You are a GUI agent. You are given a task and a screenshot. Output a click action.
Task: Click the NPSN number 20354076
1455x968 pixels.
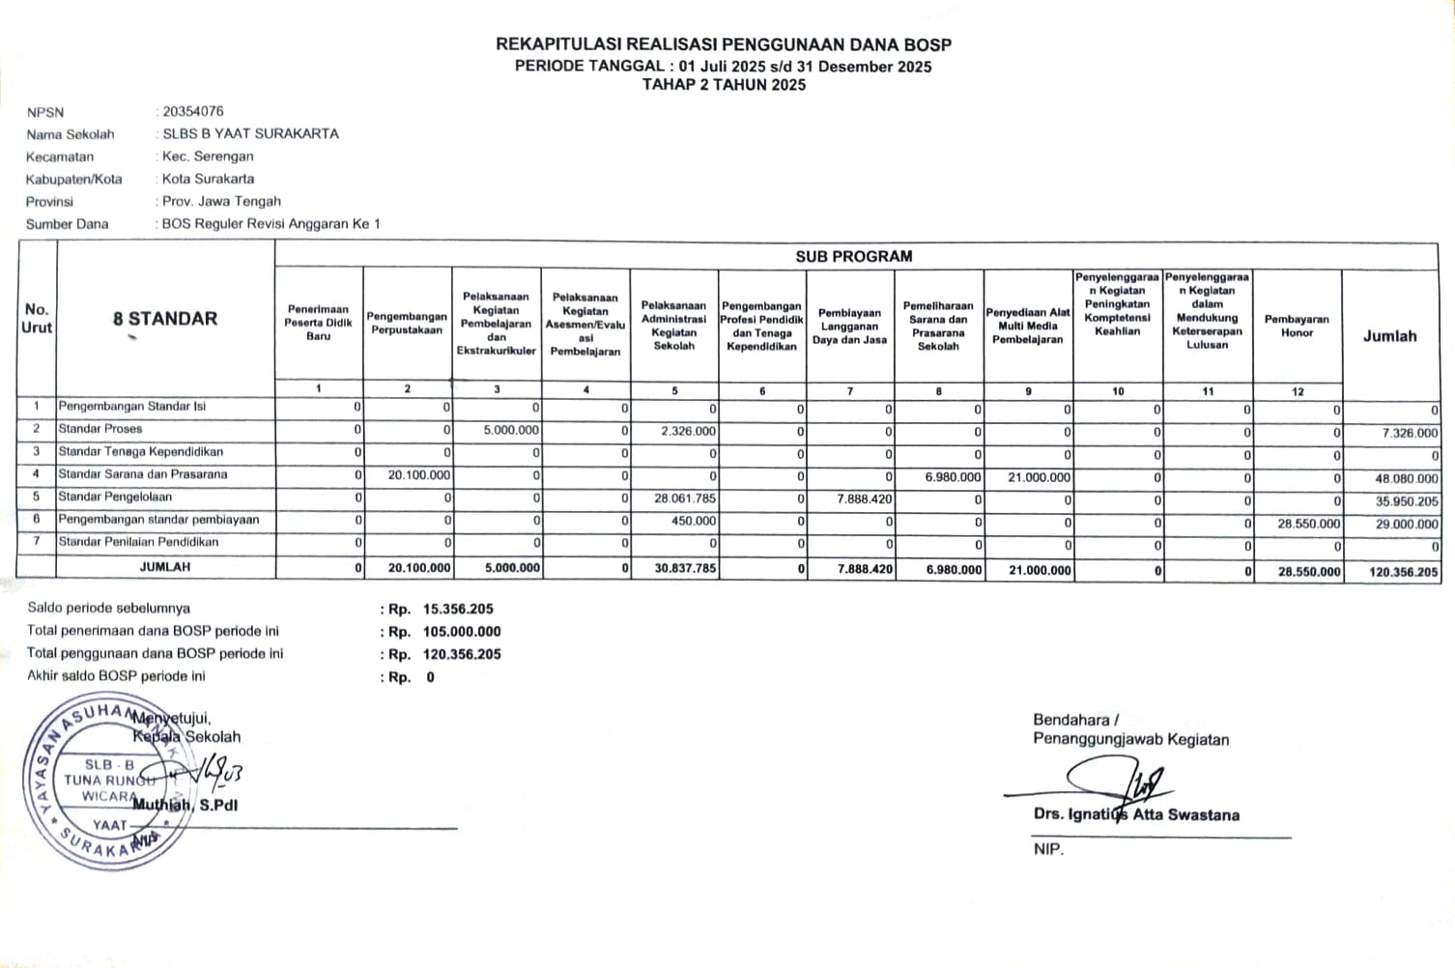[193, 111]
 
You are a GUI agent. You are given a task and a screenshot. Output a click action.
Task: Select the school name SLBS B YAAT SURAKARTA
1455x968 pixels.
[250, 133]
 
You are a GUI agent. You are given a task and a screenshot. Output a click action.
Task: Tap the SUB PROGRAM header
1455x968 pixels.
[853, 256]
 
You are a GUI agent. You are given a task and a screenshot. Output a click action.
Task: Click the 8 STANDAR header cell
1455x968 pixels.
[165, 319]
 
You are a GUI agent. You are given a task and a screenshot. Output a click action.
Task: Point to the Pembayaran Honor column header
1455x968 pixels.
[1297, 326]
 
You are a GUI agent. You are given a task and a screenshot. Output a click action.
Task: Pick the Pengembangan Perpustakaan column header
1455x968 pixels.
[407, 323]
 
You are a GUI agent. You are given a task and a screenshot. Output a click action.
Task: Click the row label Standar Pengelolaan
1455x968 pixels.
[115, 497]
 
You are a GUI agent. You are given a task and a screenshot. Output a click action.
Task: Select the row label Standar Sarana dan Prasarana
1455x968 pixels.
[143, 474]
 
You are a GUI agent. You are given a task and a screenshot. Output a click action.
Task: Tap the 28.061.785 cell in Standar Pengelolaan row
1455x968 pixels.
[685, 498]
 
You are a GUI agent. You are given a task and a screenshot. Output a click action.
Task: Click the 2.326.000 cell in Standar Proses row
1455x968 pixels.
[689, 431]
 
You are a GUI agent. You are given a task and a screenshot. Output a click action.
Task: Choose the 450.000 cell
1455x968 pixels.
[695, 521]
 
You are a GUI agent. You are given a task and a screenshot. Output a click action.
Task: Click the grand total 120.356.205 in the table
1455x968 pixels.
[1404, 572]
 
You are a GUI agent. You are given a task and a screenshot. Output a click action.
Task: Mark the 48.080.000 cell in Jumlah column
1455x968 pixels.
[1407, 478]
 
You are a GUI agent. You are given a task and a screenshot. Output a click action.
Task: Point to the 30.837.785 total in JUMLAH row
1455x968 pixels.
[685, 568]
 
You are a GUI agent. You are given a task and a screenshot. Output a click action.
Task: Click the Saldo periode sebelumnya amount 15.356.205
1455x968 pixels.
[458, 609]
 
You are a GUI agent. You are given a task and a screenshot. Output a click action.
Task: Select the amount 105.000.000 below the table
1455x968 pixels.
[462, 632]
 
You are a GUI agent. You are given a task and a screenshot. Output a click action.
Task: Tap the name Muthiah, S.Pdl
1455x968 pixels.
[185, 805]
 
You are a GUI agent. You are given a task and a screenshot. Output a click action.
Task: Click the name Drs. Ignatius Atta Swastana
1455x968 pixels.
[1136, 814]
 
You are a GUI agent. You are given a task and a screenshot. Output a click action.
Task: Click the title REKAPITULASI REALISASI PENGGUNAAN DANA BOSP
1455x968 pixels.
[723, 44]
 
